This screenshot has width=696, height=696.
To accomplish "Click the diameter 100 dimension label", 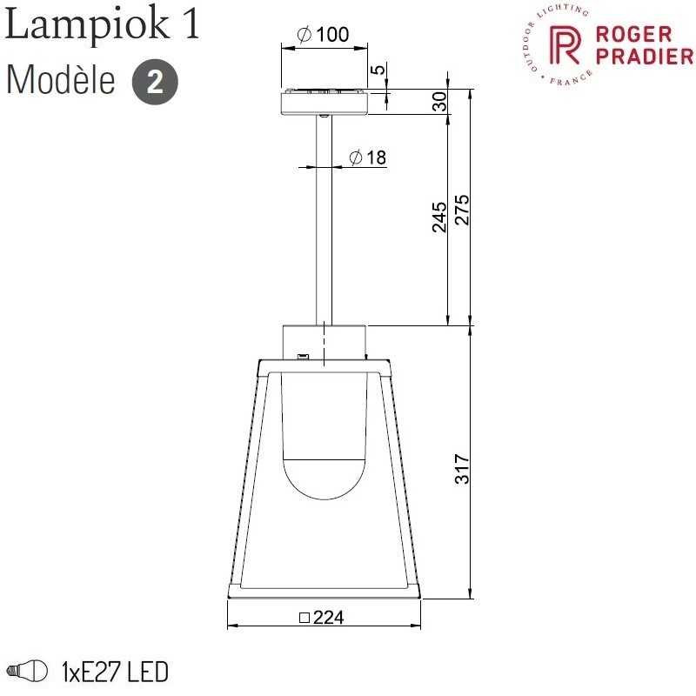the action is pyautogui.click(x=323, y=34).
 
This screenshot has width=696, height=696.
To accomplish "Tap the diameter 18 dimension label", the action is pyautogui.click(x=367, y=157).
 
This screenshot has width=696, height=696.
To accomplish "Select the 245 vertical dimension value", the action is pyautogui.click(x=439, y=217).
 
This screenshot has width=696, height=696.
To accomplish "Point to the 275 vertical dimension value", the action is pyautogui.click(x=462, y=210).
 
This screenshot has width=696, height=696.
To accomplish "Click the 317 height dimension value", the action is pyautogui.click(x=462, y=468).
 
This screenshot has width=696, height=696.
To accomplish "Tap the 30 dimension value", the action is pyautogui.click(x=439, y=102).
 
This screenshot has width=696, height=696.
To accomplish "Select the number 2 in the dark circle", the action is pyautogui.click(x=155, y=82).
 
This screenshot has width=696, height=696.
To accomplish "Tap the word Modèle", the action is pyautogui.click(x=61, y=80).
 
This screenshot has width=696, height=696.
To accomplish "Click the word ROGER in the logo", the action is pyautogui.click(x=633, y=34).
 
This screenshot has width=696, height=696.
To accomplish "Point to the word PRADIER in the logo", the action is pyautogui.click(x=644, y=56).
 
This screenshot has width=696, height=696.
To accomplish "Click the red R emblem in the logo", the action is pyautogui.click(x=565, y=44).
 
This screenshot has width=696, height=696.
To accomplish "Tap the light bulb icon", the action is pyautogui.click(x=28, y=670).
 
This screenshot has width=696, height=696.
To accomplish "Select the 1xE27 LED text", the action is pyautogui.click(x=115, y=672).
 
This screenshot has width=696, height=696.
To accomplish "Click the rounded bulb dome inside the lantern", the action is pyautogui.click(x=325, y=479).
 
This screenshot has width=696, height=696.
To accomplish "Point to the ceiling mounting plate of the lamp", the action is pyautogui.click(x=325, y=102).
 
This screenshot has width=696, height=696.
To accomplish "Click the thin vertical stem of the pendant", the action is pyautogui.click(x=324, y=220).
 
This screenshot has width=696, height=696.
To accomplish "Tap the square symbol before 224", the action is pyautogui.click(x=304, y=618).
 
